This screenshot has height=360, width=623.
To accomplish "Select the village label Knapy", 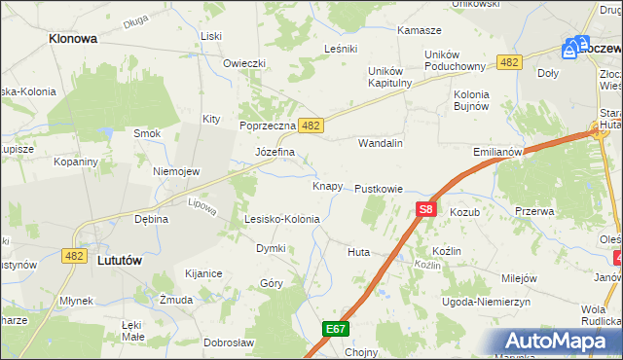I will pos(327,186).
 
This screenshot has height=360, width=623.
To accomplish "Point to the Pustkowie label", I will pos(379,188).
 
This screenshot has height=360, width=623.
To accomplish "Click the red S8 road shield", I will pos(425,208).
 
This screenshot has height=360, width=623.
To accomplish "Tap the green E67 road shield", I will pos(336,329).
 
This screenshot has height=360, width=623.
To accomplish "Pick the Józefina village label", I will pos(274,153).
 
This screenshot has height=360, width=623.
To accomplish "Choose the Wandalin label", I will pos(381,143).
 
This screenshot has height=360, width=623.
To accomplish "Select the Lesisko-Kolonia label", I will pos(281,219).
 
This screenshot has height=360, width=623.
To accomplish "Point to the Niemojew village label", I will pos(176,171).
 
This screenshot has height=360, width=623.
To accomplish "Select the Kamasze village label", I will pos(420,30).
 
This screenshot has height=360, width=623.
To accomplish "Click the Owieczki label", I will pos(244,63).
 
